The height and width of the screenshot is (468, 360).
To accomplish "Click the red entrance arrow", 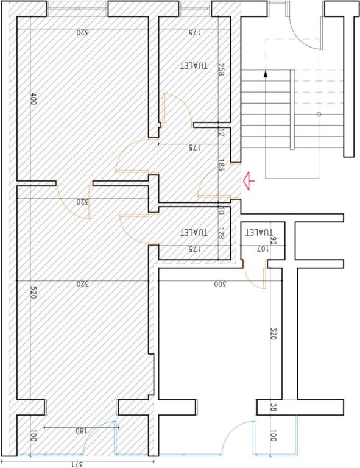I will pos(248,180).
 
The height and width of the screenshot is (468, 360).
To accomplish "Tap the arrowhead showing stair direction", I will pos(266,74).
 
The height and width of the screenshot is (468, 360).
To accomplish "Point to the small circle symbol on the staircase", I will pos(319,115).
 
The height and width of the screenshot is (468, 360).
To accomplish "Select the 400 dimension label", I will pos(34,100).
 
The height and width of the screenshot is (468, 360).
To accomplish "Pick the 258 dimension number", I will pos(222,70).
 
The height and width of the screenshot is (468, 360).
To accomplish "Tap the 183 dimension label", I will pos(222,165).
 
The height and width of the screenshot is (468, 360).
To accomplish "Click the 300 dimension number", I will pos(220,284).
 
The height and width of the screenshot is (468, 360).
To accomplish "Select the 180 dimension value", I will pos(80,431).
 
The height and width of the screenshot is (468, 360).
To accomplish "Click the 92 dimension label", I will pos(273,241).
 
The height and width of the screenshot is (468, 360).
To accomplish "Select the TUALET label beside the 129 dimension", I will pos(194,232).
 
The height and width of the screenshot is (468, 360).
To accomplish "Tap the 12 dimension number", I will pos(222,133).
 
